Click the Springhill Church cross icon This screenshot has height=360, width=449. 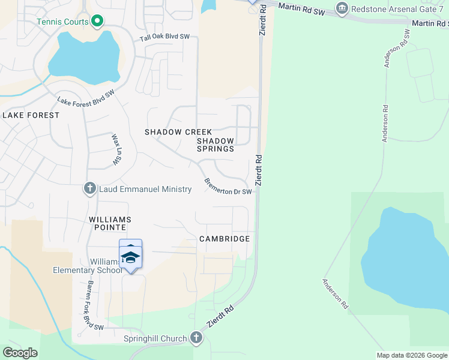click(196, 338)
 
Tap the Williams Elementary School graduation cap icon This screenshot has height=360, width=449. click(130, 257)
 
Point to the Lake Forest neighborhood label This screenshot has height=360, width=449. click(31, 115)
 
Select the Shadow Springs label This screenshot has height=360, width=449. click(215, 145)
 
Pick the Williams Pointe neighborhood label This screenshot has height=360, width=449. click(110, 223)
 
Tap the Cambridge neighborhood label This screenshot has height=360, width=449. click(224, 239)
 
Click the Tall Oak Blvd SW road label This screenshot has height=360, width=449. click(164, 37)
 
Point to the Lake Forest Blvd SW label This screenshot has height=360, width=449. click(86, 98)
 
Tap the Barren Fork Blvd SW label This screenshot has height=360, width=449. click(95, 305)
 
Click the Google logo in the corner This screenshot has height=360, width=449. click(20, 353)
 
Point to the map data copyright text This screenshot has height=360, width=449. click(412, 355)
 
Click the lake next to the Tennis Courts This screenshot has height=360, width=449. click(84, 58)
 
